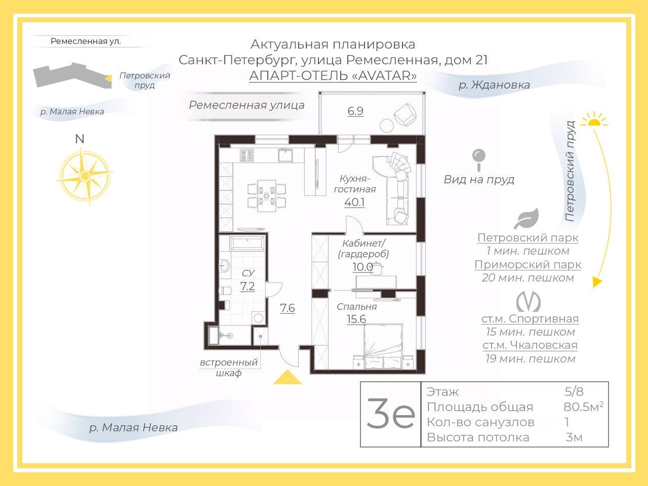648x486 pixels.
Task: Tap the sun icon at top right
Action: (x=594, y=119)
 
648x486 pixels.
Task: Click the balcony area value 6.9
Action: (x=355, y=111)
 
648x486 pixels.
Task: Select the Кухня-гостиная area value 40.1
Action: (x=354, y=202)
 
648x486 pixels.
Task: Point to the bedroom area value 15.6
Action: (x=356, y=319)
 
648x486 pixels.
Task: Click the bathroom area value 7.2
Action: (x=248, y=287)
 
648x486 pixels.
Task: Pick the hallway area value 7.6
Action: (x=288, y=308)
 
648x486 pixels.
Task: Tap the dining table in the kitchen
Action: (x=266, y=195)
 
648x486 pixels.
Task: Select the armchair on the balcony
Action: (x=406, y=114)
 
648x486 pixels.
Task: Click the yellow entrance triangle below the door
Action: (x=287, y=378)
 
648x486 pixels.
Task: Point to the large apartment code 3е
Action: (x=390, y=414)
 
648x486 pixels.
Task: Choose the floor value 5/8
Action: (x=574, y=391)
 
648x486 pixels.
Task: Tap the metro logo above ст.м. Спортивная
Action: (x=529, y=302)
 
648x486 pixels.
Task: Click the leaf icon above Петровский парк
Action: (x=526, y=219)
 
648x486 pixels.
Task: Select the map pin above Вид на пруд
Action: (x=478, y=159)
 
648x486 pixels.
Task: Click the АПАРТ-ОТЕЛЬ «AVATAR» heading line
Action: (x=333, y=76)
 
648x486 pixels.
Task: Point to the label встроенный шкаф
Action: (x=229, y=368)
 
